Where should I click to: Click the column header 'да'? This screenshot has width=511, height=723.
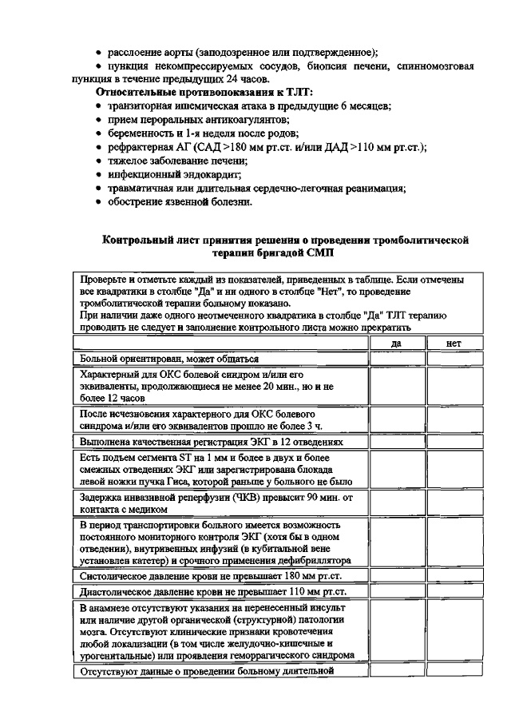point(396,343)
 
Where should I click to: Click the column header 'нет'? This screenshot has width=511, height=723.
point(454,343)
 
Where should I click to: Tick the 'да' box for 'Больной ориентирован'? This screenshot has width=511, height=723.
point(396,359)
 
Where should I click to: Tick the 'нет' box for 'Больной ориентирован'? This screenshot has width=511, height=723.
point(454,359)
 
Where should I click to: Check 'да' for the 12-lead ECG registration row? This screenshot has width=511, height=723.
point(396,441)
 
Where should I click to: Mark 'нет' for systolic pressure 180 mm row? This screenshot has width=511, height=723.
point(454,575)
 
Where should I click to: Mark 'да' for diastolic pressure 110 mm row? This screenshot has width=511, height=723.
point(396,592)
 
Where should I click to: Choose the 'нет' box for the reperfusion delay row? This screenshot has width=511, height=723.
point(454,503)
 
